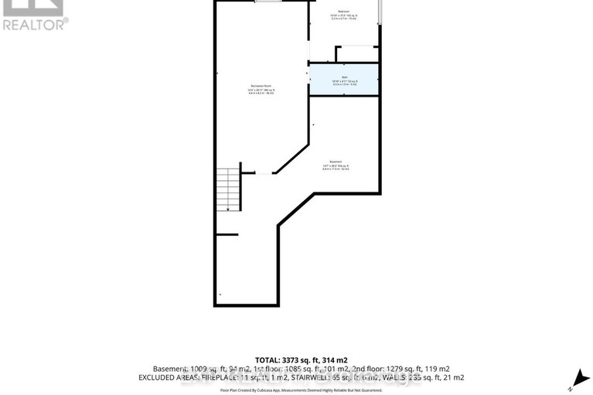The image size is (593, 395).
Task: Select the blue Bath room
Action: (x=344, y=80)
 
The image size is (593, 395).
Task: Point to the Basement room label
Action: (x=336, y=162)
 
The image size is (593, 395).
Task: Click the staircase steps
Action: (x=229, y=189)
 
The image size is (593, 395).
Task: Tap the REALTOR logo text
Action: (x=35, y=23)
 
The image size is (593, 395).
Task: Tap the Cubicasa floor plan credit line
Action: (x=296, y=390)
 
